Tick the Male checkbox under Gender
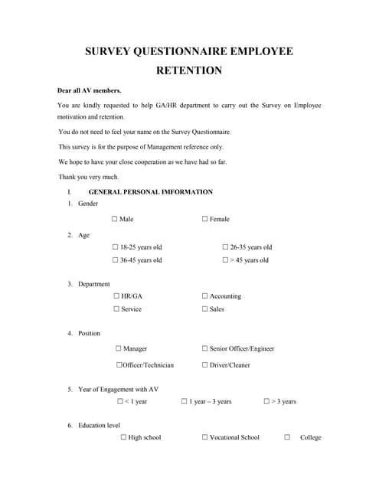[x=115, y=219]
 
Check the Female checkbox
[x=205, y=219]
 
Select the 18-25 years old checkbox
[x=116, y=247]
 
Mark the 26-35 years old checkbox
[x=225, y=247]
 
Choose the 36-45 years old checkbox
[x=116, y=260]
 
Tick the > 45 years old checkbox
[x=225, y=260]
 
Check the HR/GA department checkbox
[x=116, y=296]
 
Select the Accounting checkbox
[x=205, y=296]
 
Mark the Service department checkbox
[x=116, y=309]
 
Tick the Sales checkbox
[x=205, y=309]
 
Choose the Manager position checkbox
[x=119, y=348]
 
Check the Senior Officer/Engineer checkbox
[x=205, y=348]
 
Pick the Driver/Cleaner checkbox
[x=205, y=365]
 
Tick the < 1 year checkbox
[x=120, y=401]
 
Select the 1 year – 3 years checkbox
[x=185, y=401]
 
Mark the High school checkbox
[x=123, y=437]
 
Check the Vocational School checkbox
[x=205, y=437]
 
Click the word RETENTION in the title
[x=189, y=71]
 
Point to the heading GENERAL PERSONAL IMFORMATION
[x=151, y=192]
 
